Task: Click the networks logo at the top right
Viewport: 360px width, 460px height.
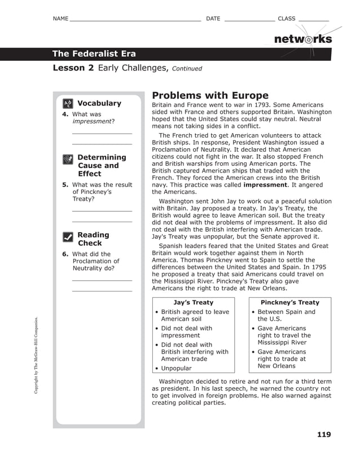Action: [302, 39]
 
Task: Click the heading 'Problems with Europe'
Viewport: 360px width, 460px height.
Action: [210, 95]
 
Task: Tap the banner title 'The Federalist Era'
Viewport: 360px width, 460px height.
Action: [94, 54]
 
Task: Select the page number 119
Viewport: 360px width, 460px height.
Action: [324, 434]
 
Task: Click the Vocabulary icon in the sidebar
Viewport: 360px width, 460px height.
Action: [68, 104]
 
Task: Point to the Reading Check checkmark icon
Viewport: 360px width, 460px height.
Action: [68, 237]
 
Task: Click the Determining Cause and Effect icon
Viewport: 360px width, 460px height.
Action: [68, 160]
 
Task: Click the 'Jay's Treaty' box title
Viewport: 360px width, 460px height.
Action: [193, 303]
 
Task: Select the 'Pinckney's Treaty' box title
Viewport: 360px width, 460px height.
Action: [289, 303]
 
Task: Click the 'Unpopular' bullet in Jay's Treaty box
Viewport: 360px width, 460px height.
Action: [176, 368]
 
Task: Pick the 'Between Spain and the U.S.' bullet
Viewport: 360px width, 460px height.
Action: [286, 315]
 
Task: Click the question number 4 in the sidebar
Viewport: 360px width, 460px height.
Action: [65, 114]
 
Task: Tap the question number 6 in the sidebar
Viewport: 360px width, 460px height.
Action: [65, 254]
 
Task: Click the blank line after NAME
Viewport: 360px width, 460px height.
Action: [134, 20]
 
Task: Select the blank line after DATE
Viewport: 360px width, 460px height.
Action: [249, 20]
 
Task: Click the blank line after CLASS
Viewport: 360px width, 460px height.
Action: [313, 20]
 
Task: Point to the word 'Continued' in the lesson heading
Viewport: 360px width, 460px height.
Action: [187, 69]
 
